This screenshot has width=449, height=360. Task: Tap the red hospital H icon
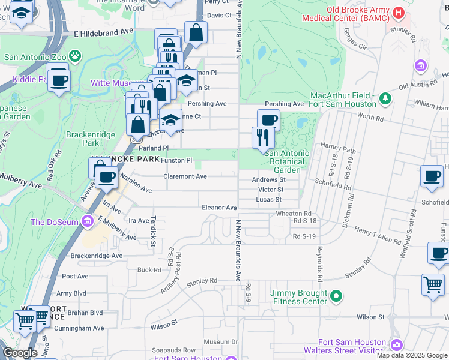[397, 13]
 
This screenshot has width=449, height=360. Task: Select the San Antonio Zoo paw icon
[74, 57]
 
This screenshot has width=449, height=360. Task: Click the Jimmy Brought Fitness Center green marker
[336, 295]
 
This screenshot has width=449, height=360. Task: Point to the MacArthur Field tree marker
[385, 97]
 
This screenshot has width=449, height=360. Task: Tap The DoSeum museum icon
[88, 222]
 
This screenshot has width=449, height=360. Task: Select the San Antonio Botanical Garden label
[287, 161]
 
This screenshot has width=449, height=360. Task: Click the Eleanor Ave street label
[219, 208]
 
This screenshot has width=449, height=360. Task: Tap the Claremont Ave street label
[185, 176]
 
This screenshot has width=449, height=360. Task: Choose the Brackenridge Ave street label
[96, 256]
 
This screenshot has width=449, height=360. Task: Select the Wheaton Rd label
[294, 214]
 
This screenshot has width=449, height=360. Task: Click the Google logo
[20, 353]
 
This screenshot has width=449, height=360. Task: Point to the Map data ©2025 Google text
[412, 355]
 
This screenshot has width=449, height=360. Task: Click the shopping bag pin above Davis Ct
[196, 32]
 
